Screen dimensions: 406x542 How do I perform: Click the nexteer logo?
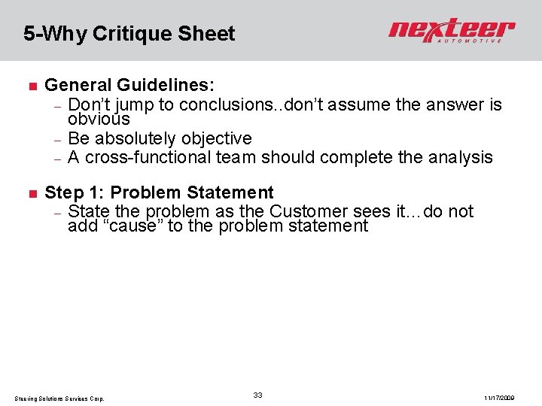point(452,31)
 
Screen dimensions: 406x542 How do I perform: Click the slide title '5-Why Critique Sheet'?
point(129,34)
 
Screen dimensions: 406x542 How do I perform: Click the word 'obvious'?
point(99,119)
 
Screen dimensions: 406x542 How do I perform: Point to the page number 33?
point(257,395)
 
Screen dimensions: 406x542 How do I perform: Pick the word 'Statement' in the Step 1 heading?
point(230,193)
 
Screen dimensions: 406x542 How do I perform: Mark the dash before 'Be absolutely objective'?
point(57,139)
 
